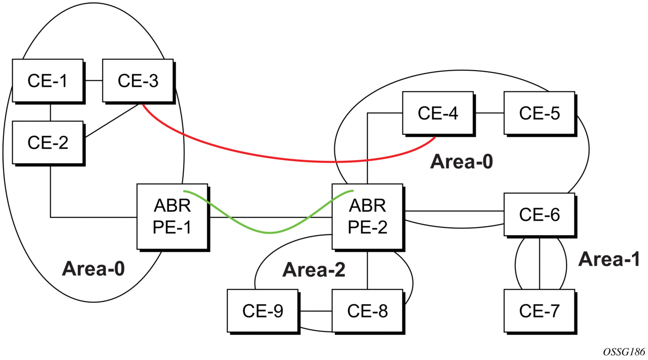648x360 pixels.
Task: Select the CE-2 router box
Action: pyautogui.click(x=47, y=142)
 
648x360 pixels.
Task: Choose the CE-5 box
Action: pyautogui.click(x=539, y=113)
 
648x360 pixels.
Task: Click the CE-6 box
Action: pyautogui.click(x=539, y=214)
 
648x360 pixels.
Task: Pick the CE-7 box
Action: pyautogui.click(x=539, y=311)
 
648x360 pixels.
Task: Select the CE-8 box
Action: pyautogui.click(x=367, y=311)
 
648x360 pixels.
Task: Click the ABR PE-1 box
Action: pyautogui.click(x=172, y=216)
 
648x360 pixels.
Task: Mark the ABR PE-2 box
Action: pyautogui.click(x=367, y=216)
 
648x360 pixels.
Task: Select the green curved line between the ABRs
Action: pyautogui.click(x=269, y=232)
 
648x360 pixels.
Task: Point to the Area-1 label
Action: pyautogui.click(x=609, y=260)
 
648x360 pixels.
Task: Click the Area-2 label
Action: pyautogui.click(x=314, y=270)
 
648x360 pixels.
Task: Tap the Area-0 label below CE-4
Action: pyautogui.click(x=461, y=162)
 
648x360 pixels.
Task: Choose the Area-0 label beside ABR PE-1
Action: pyautogui.click(x=93, y=269)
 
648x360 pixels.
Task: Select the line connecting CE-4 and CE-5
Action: pyautogui.click(x=489, y=113)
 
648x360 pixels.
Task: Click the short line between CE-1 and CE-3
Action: pyautogui.click(x=92, y=80)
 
